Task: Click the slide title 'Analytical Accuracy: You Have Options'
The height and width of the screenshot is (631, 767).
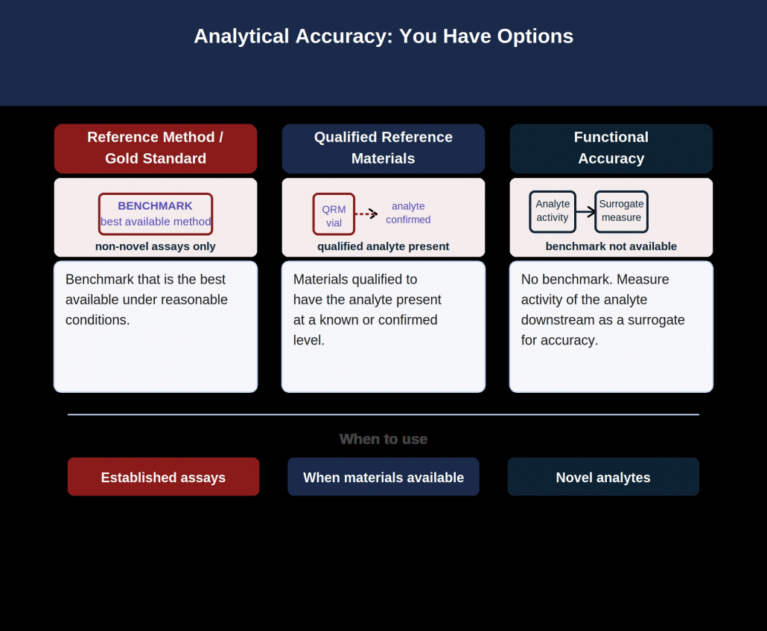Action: pyautogui.click(x=383, y=36)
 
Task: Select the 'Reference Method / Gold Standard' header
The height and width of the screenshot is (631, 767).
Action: pyautogui.click(x=156, y=149)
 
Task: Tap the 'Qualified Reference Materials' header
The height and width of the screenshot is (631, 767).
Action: pyautogui.click(x=383, y=149)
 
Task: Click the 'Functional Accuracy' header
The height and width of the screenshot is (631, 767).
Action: pyautogui.click(x=611, y=149)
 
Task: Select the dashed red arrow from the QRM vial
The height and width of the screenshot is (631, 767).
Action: pyautogui.click(x=366, y=214)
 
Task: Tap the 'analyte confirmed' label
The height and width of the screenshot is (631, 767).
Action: pyautogui.click(x=408, y=213)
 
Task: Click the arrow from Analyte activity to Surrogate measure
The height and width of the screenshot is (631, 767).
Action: pyautogui.click(x=585, y=211)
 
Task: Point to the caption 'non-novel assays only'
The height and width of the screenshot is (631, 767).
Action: pyautogui.click(x=156, y=246)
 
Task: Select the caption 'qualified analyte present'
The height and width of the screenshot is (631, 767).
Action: pyautogui.click(x=383, y=246)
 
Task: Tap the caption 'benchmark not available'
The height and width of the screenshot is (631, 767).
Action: pyautogui.click(x=611, y=246)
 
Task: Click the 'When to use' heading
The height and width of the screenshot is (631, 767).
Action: pyautogui.click(x=383, y=439)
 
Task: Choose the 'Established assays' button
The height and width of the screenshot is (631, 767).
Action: pyautogui.click(x=163, y=476)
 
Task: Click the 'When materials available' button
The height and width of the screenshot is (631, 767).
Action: pyautogui.click(x=383, y=476)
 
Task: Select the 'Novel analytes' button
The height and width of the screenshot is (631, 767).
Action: pyautogui.click(x=603, y=476)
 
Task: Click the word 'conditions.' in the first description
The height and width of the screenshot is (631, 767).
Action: pyautogui.click(x=98, y=320)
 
